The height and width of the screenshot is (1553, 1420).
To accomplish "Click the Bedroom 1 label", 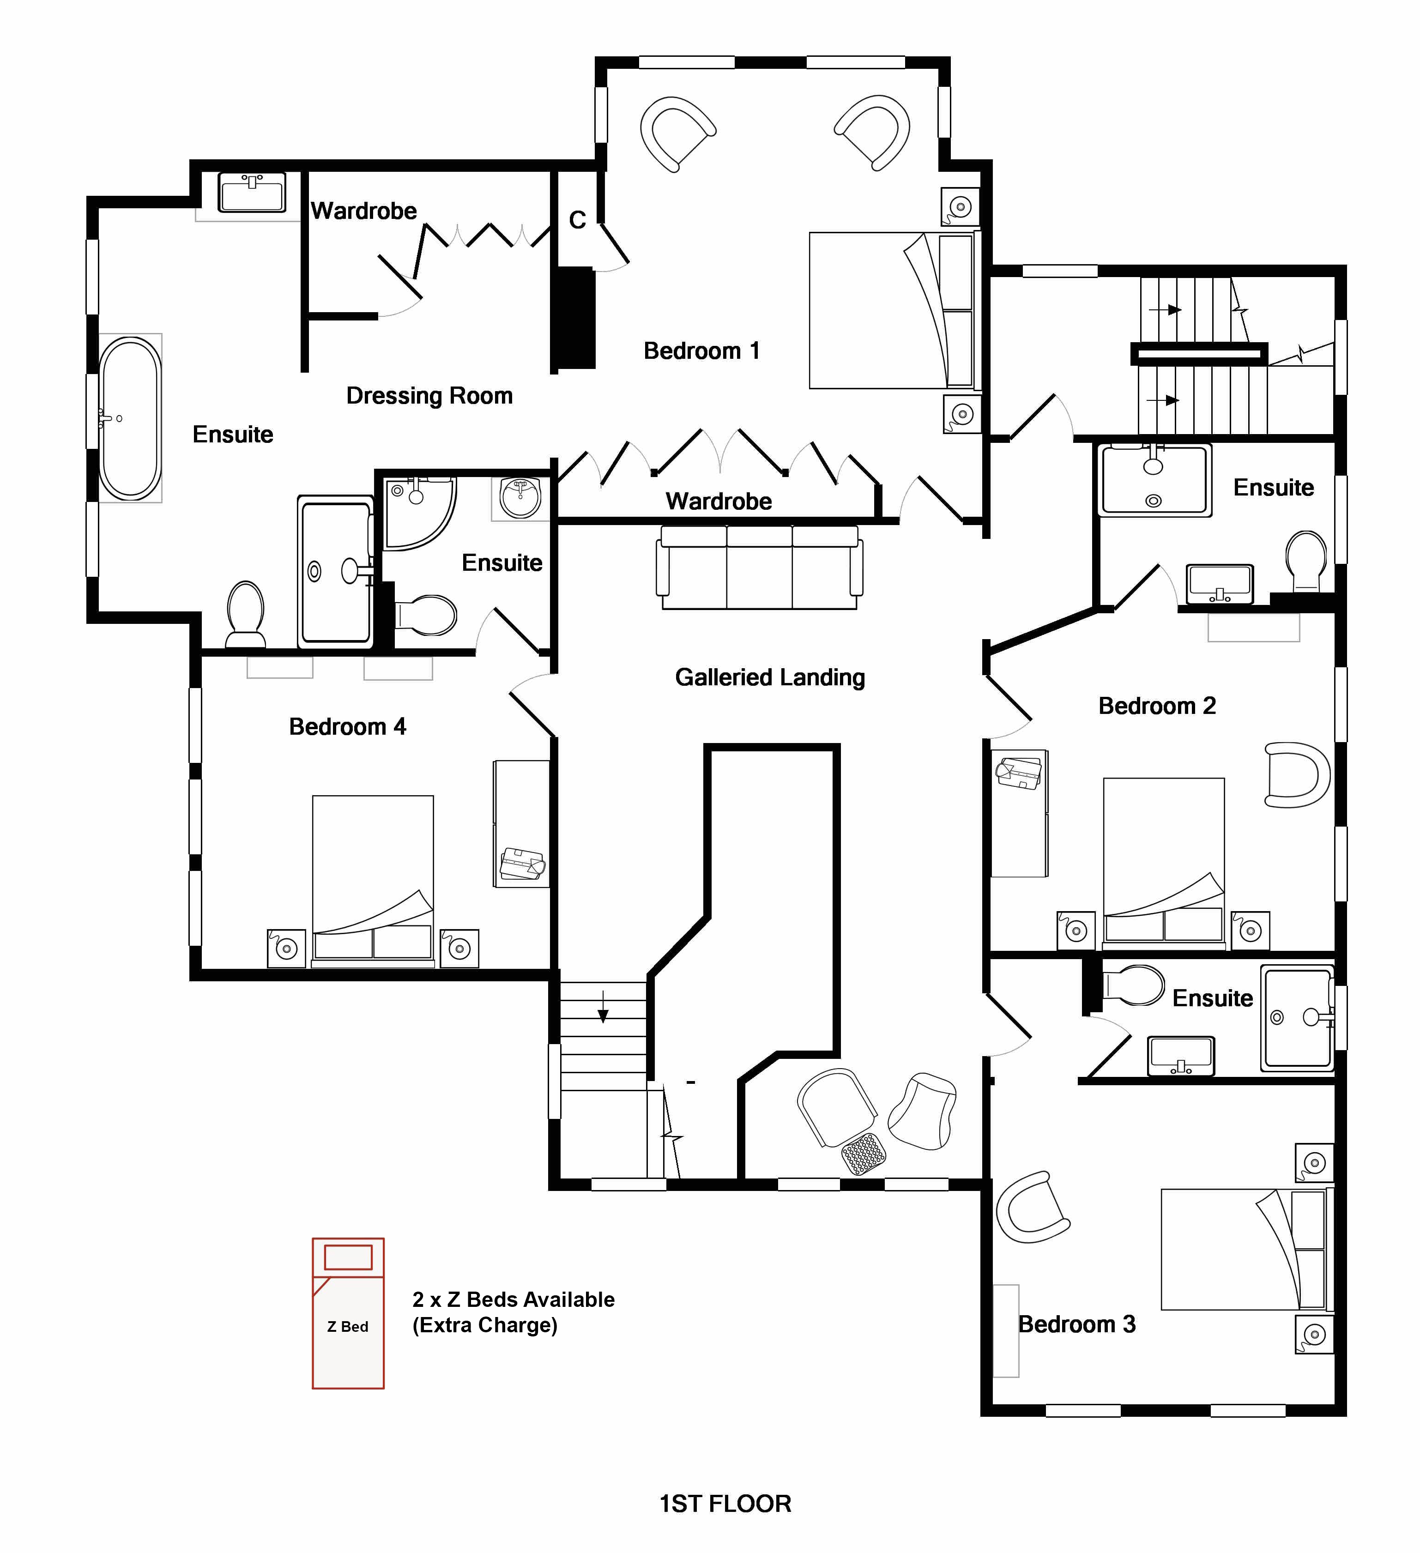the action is (x=701, y=351).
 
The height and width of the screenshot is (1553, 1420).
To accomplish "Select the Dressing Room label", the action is (x=429, y=396).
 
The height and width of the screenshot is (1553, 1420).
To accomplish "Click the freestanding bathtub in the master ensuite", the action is (x=130, y=418).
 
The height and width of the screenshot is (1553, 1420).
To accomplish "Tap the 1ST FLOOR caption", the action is (x=725, y=1504).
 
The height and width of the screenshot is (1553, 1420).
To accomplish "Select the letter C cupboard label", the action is (x=577, y=220).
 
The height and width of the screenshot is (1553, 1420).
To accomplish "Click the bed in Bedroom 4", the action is (x=373, y=881).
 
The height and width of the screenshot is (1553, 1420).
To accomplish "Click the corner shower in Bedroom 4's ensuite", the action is (x=419, y=512).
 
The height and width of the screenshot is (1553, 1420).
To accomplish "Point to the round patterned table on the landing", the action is (x=864, y=1153).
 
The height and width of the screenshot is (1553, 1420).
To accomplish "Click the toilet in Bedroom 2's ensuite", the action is (x=1306, y=560).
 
